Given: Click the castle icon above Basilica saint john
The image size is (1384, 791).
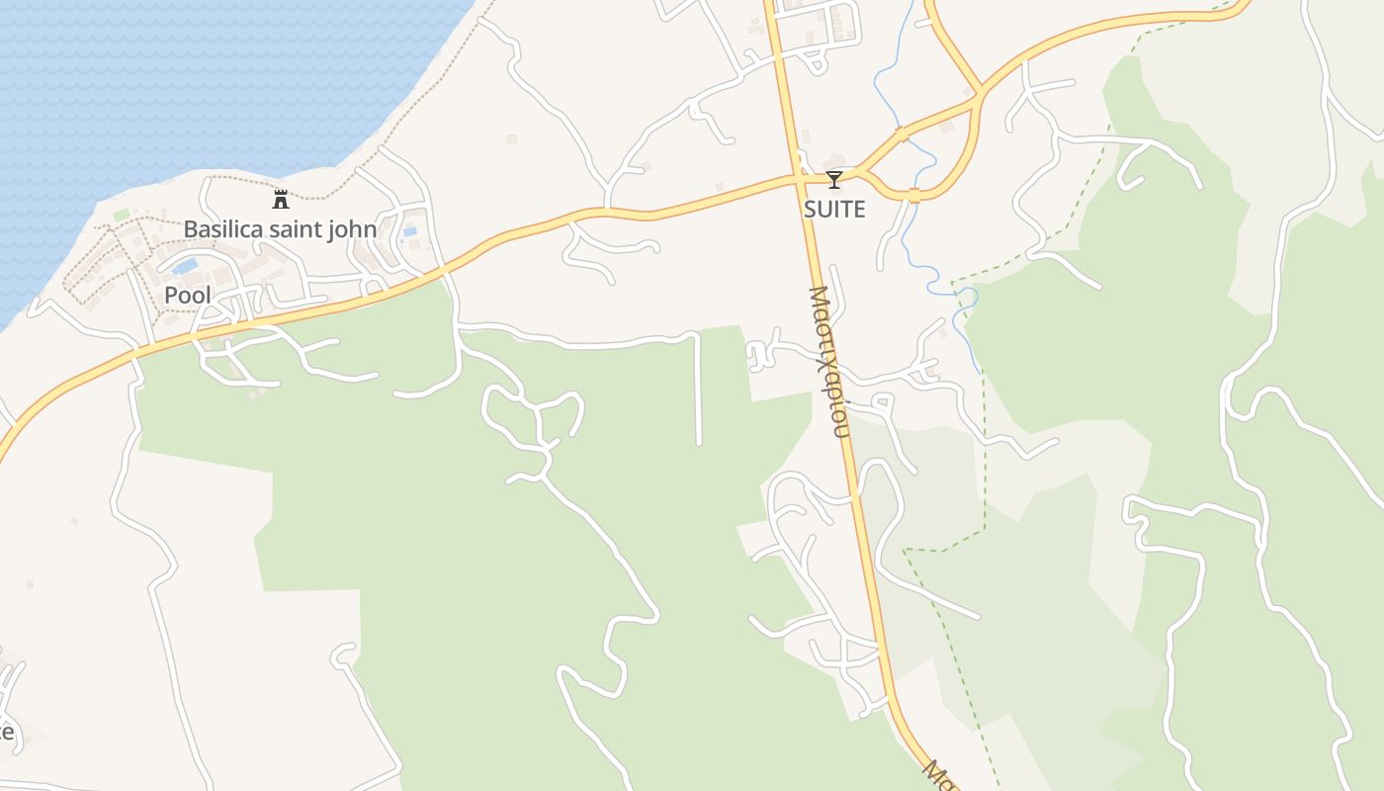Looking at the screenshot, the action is click(x=281, y=200).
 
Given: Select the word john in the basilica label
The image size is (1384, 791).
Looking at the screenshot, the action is click(x=354, y=229).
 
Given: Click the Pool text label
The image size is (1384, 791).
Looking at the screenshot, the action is click(x=188, y=295).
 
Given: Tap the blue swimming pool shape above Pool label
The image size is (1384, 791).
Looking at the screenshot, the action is click(x=184, y=267).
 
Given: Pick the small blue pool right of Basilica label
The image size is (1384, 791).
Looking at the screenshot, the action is click(x=409, y=231).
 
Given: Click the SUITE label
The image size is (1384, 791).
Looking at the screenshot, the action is click(x=834, y=209).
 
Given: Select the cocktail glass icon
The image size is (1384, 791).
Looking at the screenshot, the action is click(x=834, y=180).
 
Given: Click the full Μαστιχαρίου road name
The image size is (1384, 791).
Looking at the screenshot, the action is click(x=828, y=361).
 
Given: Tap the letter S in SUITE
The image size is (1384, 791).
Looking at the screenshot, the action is click(x=810, y=209).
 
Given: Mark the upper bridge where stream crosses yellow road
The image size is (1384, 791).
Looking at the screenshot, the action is click(x=902, y=132).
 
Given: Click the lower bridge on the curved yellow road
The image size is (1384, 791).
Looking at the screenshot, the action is click(x=914, y=195).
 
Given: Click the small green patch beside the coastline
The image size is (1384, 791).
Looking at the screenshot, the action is click(x=121, y=215).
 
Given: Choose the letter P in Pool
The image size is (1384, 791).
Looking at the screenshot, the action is click(x=171, y=295).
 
